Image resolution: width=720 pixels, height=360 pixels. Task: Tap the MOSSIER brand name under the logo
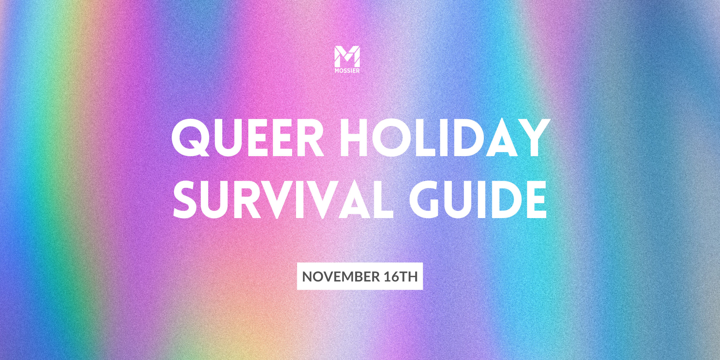(x=347, y=71)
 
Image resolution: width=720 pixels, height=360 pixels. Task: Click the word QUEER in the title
(x=248, y=138)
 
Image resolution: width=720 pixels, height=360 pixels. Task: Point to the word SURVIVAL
(x=283, y=199)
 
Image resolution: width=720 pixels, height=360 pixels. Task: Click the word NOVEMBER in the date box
(x=341, y=276)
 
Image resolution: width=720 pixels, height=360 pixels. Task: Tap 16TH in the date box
(x=401, y=276)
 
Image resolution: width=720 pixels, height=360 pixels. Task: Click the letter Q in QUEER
(x=191, y=138)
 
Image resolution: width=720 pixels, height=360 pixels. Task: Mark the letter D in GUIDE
(x=505, y=199)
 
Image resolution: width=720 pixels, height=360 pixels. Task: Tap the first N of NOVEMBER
(x=308, y=276)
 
